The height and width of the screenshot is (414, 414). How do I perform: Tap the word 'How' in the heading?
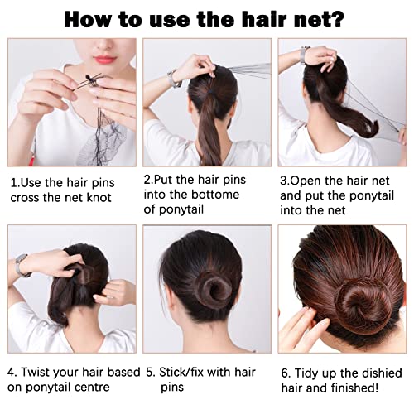(92, 18)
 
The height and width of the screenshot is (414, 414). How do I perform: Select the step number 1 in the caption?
(13, 181)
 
